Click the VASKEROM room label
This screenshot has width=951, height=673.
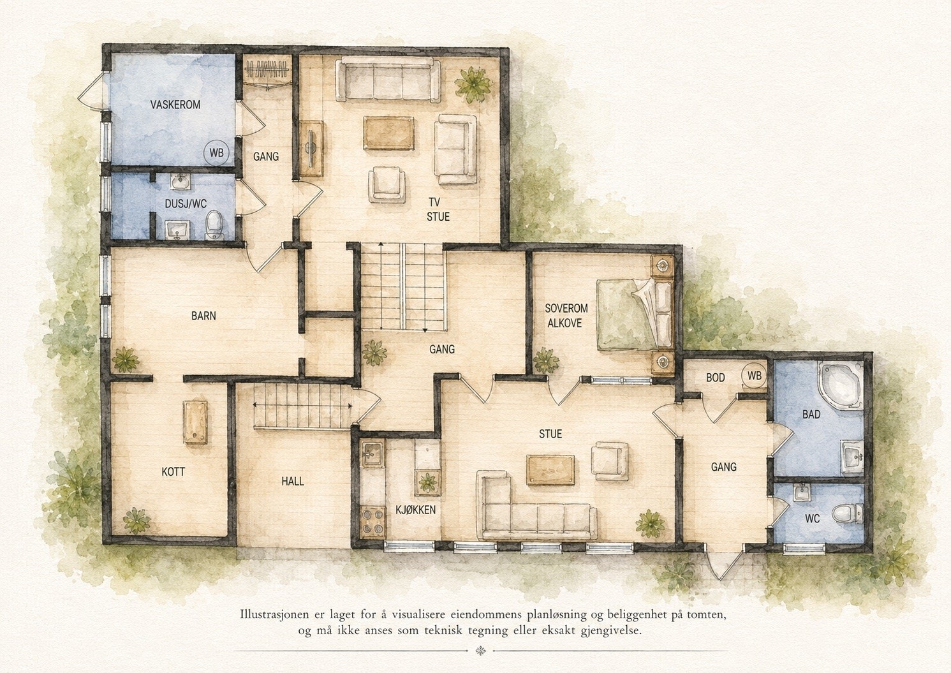click(x=175, y=105)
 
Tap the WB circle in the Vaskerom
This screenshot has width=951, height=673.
click(x=216, y=152)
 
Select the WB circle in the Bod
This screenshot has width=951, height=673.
click(x=754, y=376)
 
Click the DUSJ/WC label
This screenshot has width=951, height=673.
click(x=186, y=203)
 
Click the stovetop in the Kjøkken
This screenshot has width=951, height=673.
click(x=372, y=521)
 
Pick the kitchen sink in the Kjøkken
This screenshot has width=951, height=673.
click(x=372, y=454)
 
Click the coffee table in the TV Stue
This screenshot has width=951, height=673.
click(x=388, y=134)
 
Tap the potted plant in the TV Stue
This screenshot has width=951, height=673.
click(x=473, y=84)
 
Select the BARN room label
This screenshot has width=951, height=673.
click(x=203, y=316)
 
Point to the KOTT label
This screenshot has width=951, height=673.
click(x=173, y=471)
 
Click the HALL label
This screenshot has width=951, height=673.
click(x=293, y=481)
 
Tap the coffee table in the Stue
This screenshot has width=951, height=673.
click(x=550, y=470)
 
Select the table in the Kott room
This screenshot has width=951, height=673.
click(x=195, y=422)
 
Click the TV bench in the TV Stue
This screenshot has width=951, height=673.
click(x=311, y=149)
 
